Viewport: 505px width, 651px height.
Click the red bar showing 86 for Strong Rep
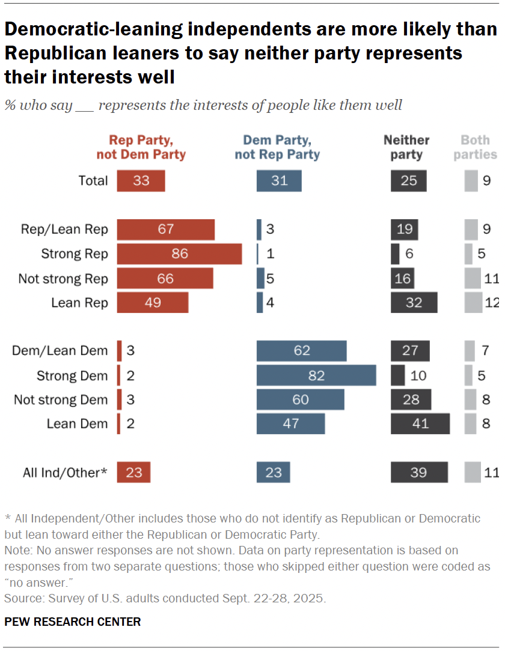coord(179,254)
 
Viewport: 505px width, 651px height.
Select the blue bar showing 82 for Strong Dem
coord(316,376)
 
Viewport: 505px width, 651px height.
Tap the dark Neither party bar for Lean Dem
coord(420,423)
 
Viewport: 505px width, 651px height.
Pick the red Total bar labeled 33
coord(141,181)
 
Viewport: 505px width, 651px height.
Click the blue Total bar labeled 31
coord(279,181)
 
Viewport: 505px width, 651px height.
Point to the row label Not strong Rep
coord(63,279)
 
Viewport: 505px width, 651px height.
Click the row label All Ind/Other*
coord(65,473)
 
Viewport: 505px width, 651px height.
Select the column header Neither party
coord(406,147)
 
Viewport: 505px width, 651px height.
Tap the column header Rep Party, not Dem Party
coord(141,147)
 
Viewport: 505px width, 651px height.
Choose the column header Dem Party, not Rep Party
coord(277,147)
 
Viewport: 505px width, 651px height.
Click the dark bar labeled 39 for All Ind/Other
coord(419,473)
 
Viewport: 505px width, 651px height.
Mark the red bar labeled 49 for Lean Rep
coord(153,303)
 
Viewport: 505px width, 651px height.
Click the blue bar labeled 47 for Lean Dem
coord(290,423)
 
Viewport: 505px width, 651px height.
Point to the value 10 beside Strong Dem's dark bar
coord(419,376)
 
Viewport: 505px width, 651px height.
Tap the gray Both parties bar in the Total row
coord(471,181)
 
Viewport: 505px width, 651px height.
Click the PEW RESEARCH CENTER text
coord(73,622)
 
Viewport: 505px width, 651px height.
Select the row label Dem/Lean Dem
coord(60,351)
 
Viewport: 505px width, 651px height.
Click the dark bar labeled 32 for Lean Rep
coord(414,303)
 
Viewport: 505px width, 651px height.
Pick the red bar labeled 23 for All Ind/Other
coord(133,473)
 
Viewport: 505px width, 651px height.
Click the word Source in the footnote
coord(20,598)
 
